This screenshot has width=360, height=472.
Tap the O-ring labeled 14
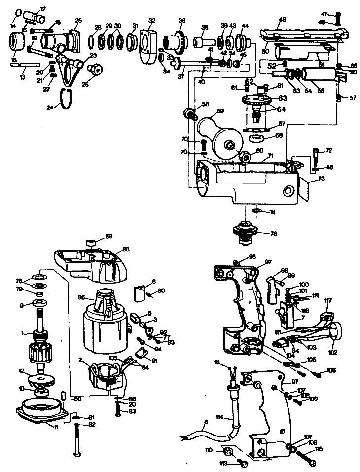click(18, 12)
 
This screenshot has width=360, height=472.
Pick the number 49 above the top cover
click(282, 20)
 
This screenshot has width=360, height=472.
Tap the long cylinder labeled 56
click(318, 75)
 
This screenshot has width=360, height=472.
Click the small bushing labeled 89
click(90, 242)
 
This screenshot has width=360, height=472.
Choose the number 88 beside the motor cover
click(126, 249)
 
